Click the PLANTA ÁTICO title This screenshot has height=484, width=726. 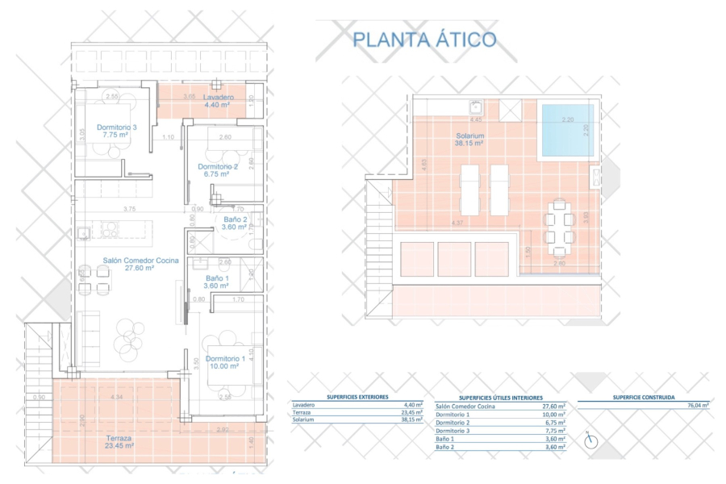click(x=424, y=39)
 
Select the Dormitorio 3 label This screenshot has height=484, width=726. click(x=116, y=127)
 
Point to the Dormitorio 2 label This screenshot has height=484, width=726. click(x=219, y=168)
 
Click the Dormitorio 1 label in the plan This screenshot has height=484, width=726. click(x=225, y=359)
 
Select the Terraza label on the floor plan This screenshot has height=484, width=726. click(x=119, y=439)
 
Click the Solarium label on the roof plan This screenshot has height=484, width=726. click(x=469, y=136)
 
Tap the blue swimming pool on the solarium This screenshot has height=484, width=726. click(x=566, y=130)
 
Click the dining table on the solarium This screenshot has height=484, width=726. click(x=559, y=224)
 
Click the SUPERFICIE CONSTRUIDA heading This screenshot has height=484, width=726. click(x=643, y=397)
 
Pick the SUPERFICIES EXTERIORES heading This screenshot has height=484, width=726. click(x=357, y=397)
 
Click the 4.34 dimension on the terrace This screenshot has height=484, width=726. click(x=117, y=398)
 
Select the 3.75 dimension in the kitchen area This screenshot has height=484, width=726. click(x=128, y=209)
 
